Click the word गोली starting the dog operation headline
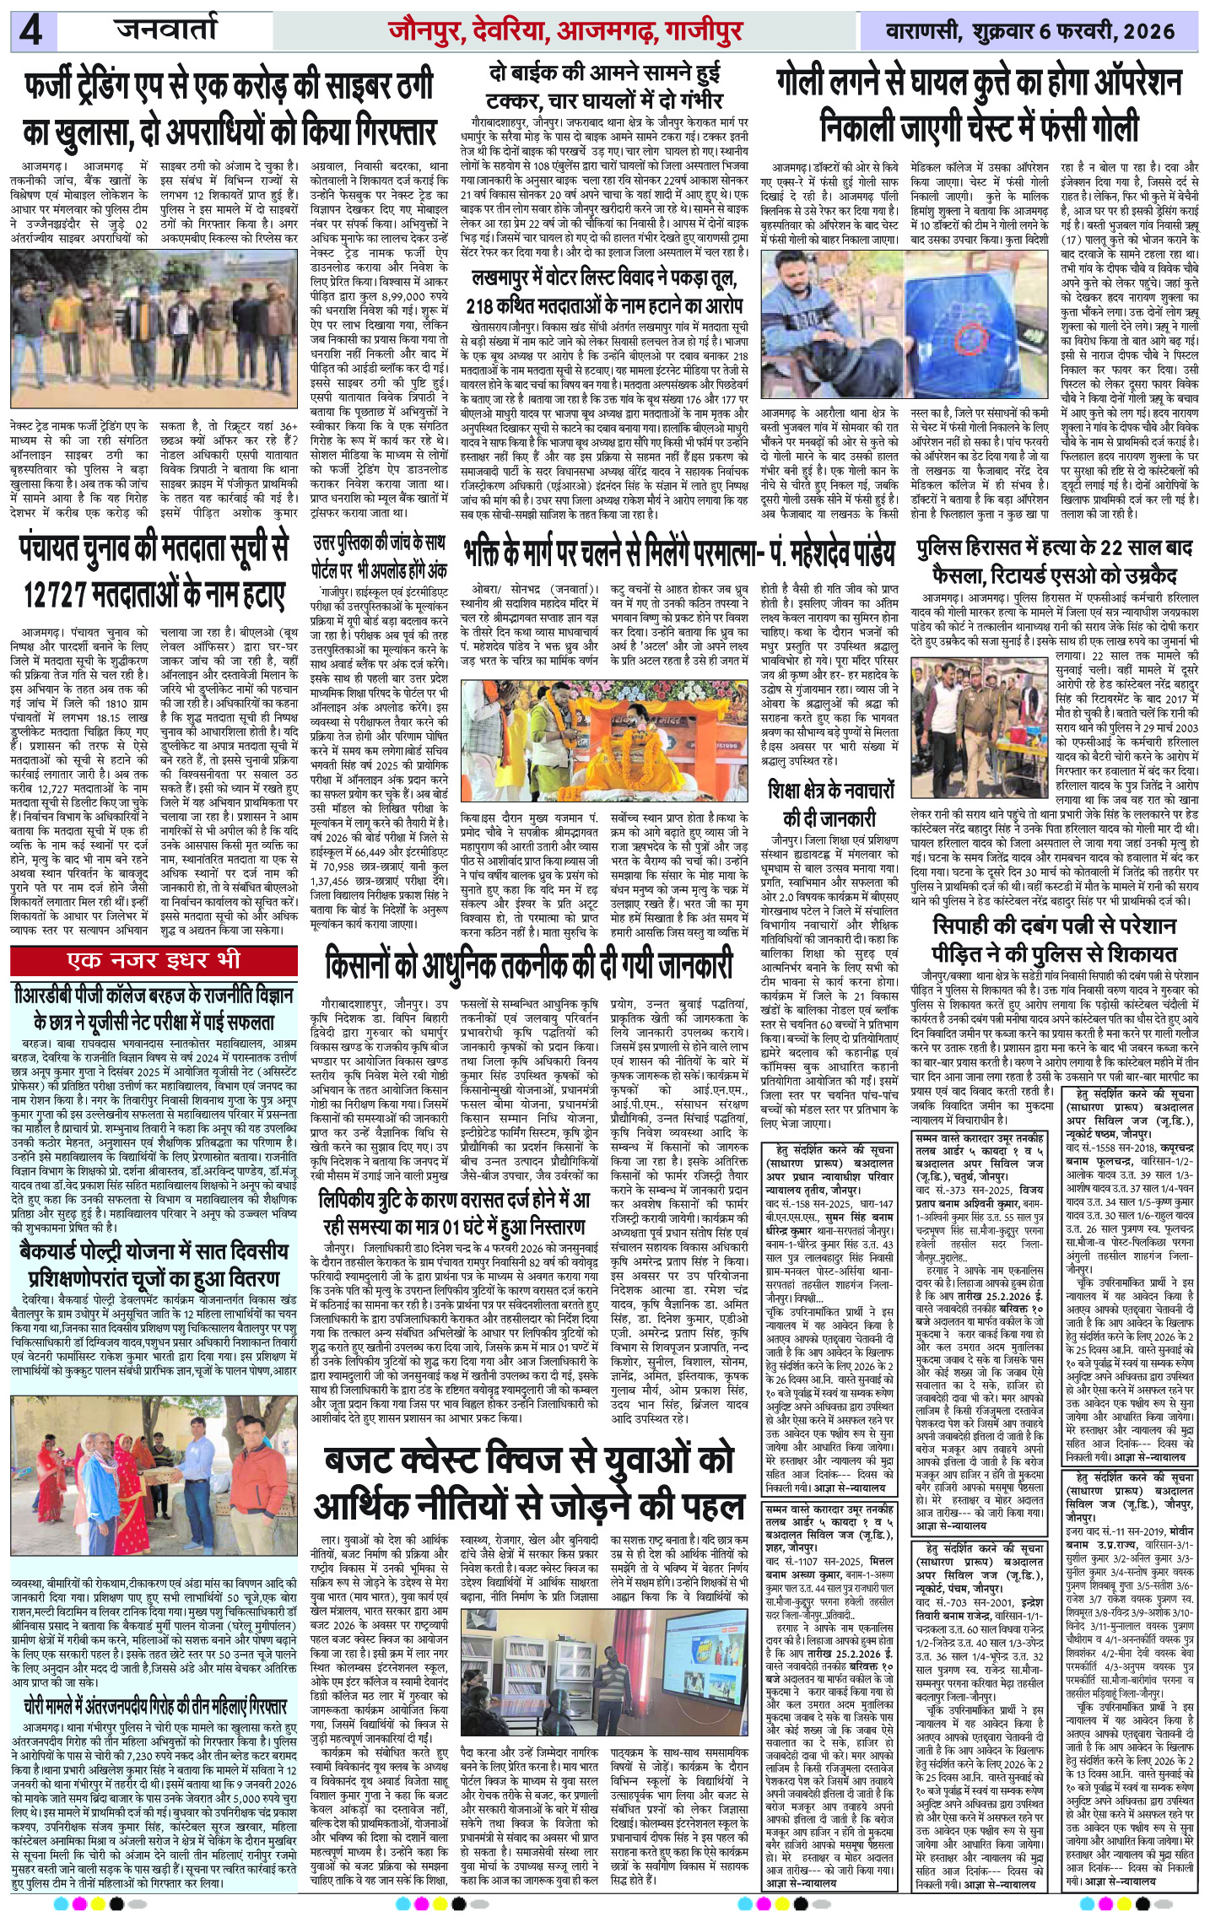click(814, 84)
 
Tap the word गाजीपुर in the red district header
click(704, 32)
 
